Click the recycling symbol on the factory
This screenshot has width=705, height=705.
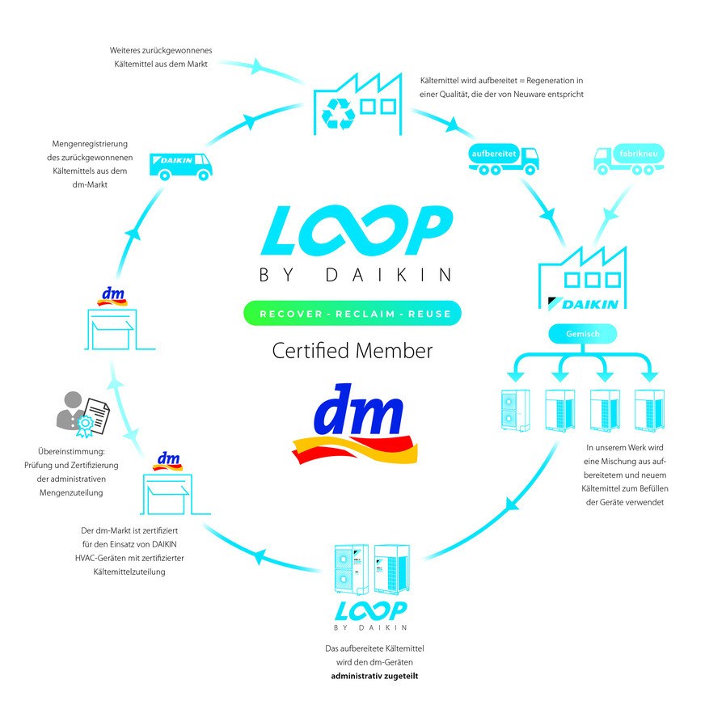[339, 114]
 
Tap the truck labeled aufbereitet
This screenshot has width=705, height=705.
[502, 158]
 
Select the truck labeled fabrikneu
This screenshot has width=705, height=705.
[626, 158]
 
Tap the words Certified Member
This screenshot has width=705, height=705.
[352, 351]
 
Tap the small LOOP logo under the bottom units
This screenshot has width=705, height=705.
[371, 610]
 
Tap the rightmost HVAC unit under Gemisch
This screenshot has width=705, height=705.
[649, 410]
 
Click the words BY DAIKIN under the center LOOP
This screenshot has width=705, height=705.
[355, 276]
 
